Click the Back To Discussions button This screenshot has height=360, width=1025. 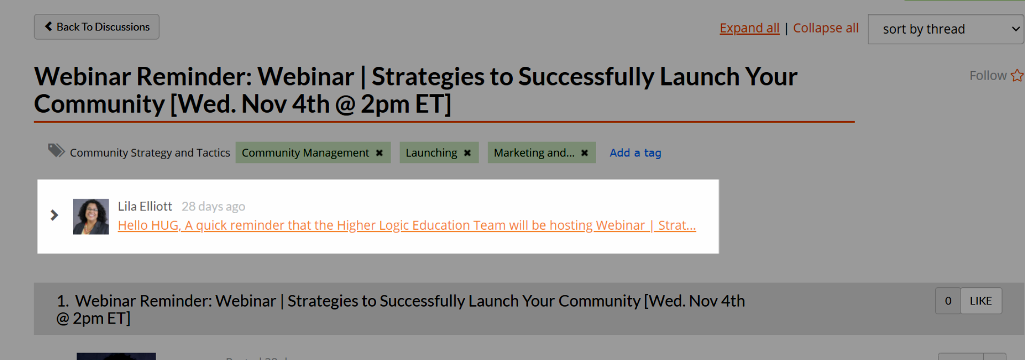[x=97, y=27]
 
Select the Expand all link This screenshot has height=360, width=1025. [x=749, y=28]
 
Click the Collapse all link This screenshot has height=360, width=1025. [x=826, y=28]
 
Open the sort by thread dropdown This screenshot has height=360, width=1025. [x=946, y=29]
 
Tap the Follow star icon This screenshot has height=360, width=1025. [x=1017, y=75]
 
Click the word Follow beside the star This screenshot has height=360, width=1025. [x=988, y=75]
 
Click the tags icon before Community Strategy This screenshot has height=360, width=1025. [x=56, y=151]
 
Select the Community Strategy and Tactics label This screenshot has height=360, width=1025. [x=150, y=153]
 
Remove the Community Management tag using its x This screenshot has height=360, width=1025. [x=379, y=153]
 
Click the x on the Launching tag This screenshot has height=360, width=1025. [x=467, y=153]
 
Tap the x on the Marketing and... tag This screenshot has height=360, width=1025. [x=584, y=153]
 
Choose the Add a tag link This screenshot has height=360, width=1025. [x=636, y=153]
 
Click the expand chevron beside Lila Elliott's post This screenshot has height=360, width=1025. [x=54, y=215]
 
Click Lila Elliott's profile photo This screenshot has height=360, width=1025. [x=91, y=216]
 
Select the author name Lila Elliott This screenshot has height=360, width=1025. [x=145, y=206]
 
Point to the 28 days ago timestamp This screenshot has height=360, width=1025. [x=213, y=206]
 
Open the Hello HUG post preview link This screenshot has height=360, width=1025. [x=407, y=225]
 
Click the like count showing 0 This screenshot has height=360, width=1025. [x=948, y=301]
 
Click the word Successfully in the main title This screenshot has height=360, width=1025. [x=586, y=76]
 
